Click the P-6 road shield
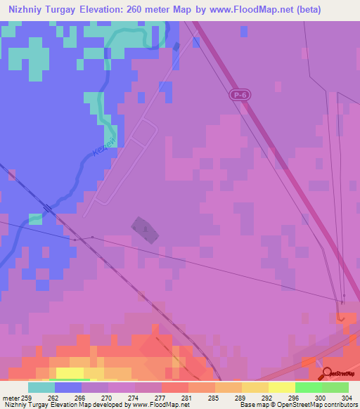[240, 94]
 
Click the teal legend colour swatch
[41, 387]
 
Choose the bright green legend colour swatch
[309, 387]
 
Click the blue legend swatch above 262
[68, 387]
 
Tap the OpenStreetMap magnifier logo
[326, 374]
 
